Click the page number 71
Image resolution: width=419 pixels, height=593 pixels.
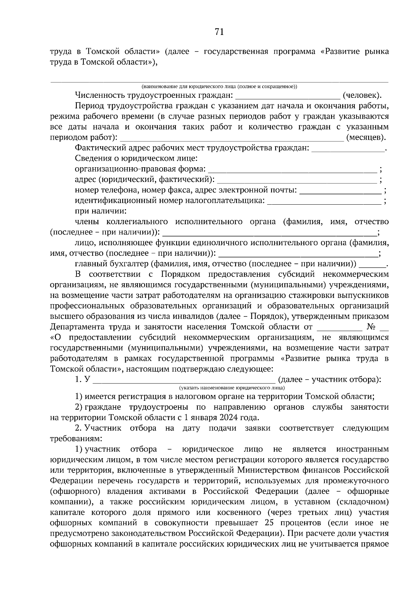click(x=219, y=32)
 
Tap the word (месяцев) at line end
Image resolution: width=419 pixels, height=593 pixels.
click(x=365, y=137)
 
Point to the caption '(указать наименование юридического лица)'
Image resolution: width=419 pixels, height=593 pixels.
click(x=232, y=388)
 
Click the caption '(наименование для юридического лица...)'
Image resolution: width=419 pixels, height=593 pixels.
click(x=219, y=86)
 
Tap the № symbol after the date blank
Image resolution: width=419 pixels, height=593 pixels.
click(x=371, y=327)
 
